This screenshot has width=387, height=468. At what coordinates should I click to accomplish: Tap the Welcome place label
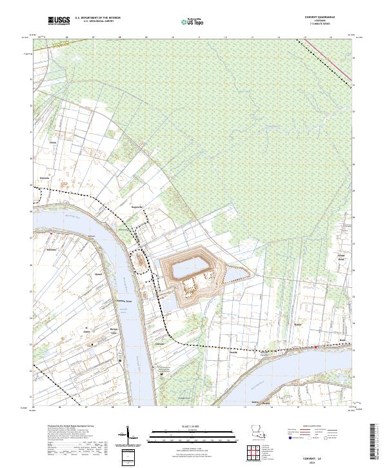click(53, 248)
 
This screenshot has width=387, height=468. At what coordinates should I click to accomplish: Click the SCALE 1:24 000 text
click(187, 425)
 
